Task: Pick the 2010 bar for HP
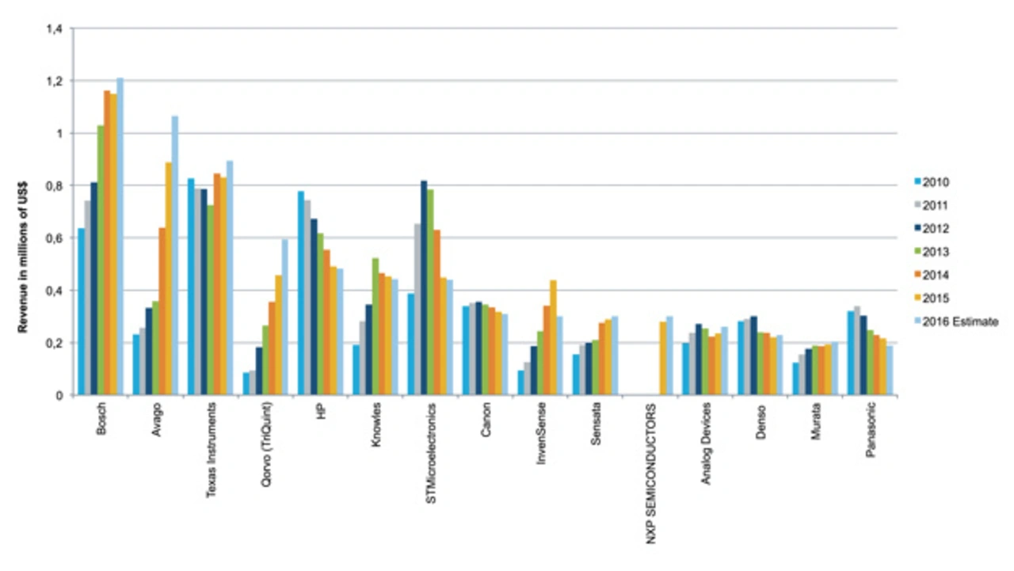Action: (301, 293)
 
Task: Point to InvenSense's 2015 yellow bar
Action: (553, 337)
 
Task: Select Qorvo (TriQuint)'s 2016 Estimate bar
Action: (284, 317)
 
